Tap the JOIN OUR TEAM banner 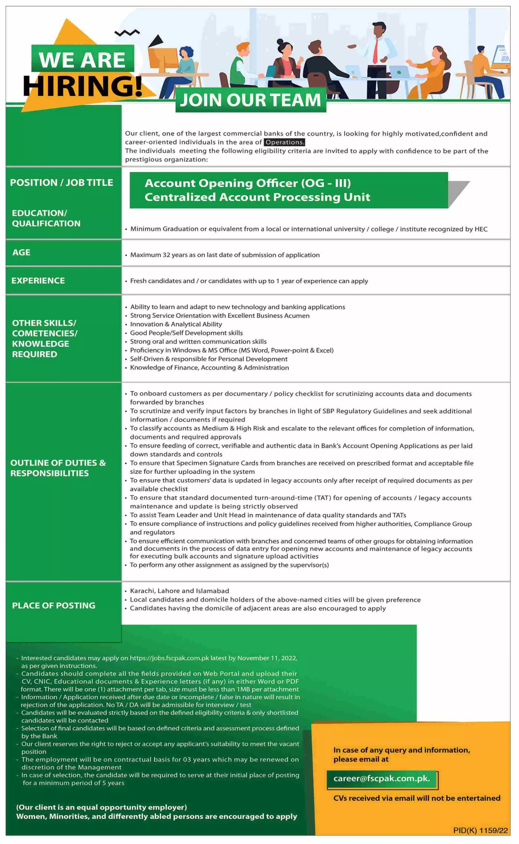point(250,100)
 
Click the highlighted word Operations point(285,142)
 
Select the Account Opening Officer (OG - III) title point(248,183)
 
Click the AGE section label point(21,253)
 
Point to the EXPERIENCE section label point(38,281)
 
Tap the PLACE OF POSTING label point(54,605)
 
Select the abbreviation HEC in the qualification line point(481,229)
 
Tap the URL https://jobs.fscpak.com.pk point(170,658)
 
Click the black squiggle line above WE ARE point(127,33)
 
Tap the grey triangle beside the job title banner point(458,193)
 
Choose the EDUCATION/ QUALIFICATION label point(46,218)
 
